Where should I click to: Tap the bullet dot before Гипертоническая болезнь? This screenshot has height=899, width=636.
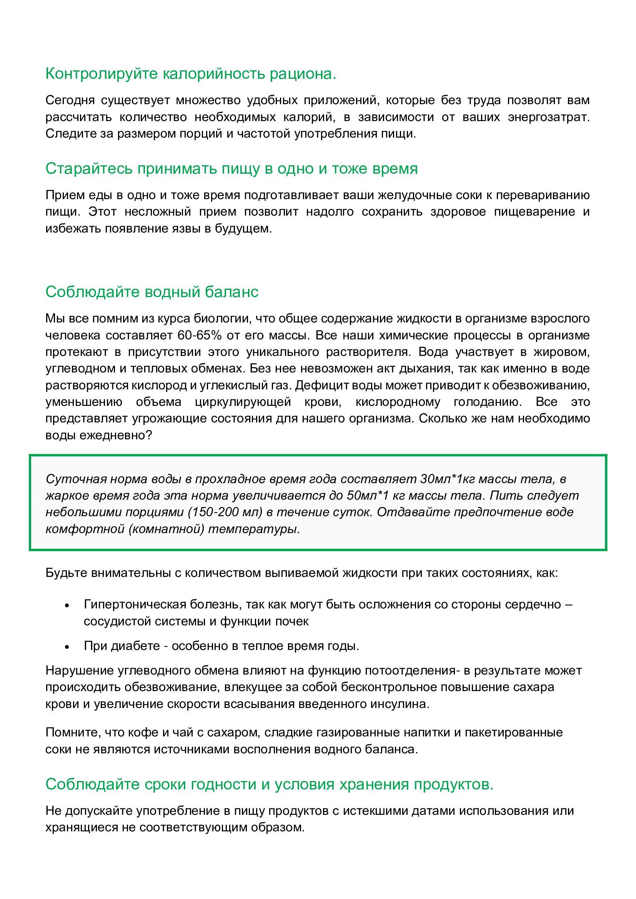[67, 605]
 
